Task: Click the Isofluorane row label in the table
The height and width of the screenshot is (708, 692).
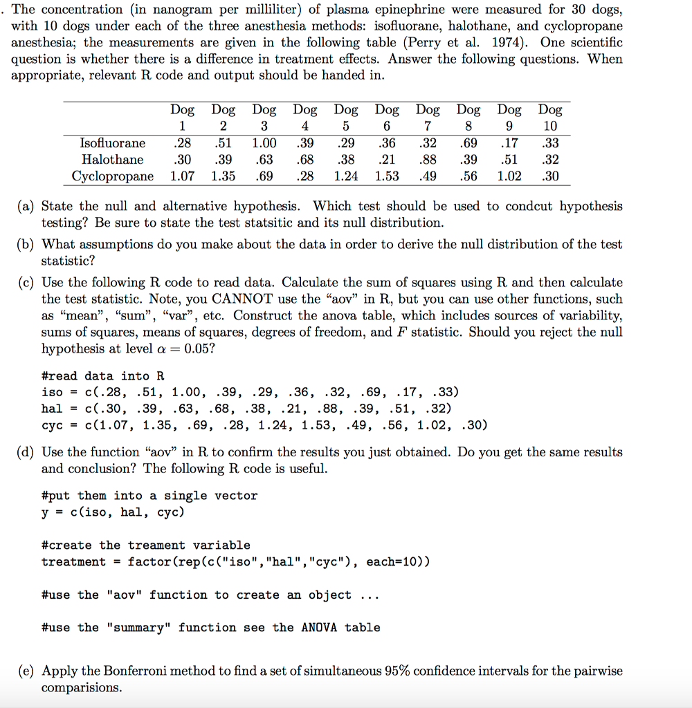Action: coord(113,143)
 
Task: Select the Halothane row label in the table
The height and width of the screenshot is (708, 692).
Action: coord(113,160)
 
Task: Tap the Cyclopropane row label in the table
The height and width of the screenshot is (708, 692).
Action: coord(113,176)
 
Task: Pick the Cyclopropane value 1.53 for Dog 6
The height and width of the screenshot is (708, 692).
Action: coord(387,176)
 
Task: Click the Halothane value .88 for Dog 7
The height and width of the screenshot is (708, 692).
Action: coord(428,160)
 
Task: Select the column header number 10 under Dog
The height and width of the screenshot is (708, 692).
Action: coord(550,127)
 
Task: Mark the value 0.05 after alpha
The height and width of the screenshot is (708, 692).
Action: coord(191,349)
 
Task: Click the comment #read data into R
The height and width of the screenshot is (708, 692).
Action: coord(102,376)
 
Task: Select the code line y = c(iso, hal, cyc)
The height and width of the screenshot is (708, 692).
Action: coord(113,512)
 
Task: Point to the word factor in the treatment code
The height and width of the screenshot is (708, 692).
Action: coord(148,561)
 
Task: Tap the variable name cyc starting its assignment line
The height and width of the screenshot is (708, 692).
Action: coord(53,425)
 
